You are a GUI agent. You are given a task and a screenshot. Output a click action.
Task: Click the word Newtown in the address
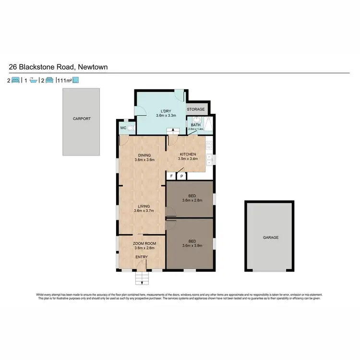click(x=92, y=67)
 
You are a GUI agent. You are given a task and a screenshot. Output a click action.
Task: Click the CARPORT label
click(x=81, y=119)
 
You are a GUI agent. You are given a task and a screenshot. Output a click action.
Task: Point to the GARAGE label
click(x=270, y=237)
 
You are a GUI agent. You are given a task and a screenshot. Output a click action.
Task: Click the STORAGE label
click(x=196, y=109)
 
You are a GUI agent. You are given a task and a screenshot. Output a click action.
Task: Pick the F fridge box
click(x=171, y=177)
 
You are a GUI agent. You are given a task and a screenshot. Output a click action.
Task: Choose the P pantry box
click(x=182, y=177)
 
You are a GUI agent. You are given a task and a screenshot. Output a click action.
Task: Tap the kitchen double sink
click(x=209, y=158)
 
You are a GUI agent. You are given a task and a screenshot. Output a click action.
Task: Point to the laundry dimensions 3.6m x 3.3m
click(x=167, y=116)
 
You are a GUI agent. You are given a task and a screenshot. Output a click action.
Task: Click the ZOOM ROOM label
click(x=142, y=244)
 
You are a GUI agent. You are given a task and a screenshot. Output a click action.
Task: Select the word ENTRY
click(x=142, y=257)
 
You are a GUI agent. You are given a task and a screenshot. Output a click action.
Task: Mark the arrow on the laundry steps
click(x=170, y=131)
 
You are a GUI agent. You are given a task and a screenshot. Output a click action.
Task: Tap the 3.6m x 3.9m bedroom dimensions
click(x=192, y=246)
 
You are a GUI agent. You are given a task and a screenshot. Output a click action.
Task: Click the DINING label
click(x=144, y=155)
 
